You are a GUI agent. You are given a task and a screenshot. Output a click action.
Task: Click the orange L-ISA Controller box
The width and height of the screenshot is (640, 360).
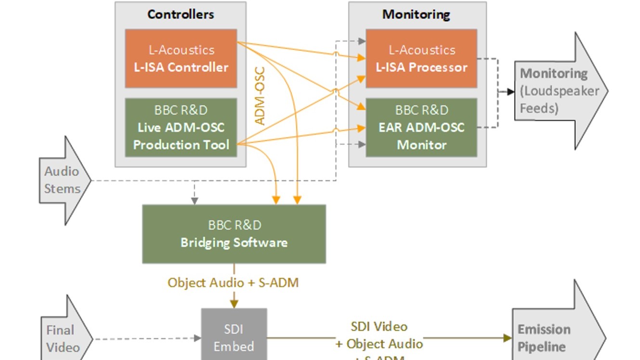coord(181,58)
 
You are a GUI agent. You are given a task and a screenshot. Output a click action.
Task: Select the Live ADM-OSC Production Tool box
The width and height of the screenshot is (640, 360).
coord(181,128)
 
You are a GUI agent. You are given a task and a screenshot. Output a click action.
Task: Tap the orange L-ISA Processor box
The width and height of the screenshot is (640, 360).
coord(421,58)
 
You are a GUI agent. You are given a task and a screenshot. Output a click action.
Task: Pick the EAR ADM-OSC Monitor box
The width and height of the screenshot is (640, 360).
coord(421,128)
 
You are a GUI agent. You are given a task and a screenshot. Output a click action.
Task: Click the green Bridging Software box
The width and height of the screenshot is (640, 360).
coord(234,234)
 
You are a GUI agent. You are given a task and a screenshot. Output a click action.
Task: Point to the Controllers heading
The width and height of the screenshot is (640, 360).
coord(181,14)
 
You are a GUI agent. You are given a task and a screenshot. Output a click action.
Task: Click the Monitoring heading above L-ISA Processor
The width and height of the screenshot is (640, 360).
coord(416,14)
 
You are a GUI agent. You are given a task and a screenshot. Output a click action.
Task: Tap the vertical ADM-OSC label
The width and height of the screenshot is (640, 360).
coord(260,96)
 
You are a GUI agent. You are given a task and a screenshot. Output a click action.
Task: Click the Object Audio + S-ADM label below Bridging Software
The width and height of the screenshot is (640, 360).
coord(233,283)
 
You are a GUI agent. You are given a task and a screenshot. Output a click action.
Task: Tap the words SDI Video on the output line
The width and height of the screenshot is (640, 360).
coord(379,327)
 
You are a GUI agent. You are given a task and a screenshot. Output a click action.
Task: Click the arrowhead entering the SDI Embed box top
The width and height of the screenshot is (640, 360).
coord(234,304)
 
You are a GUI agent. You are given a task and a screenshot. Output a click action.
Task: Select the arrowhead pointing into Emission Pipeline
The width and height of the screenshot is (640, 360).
coord(507,338)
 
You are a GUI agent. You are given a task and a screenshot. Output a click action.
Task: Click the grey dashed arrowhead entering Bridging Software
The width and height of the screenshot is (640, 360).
coord(194,201)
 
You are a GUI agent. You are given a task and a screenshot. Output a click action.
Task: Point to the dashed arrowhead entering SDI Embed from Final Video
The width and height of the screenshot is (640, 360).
coord(197,338)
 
